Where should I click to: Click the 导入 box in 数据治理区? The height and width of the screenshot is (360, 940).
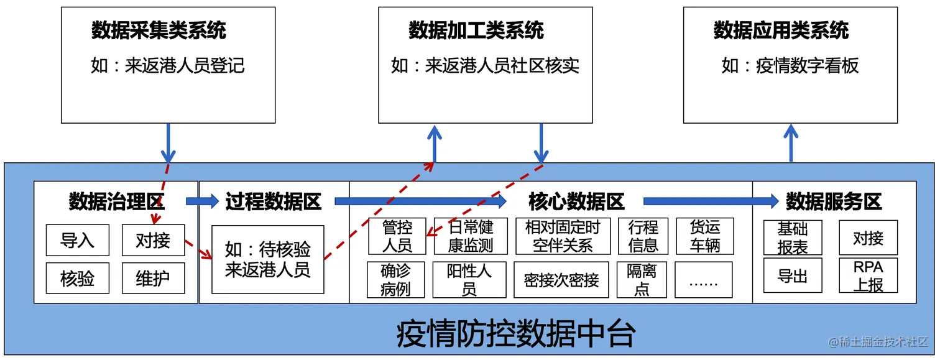(x=77, y=240)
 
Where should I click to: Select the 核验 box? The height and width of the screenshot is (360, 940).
(x=77, y=278)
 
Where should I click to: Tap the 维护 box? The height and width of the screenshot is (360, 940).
(x=153, y=278)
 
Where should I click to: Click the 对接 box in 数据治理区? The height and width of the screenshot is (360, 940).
(x=153, y=240)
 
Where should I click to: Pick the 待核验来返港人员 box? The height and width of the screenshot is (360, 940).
(x=267, y=259)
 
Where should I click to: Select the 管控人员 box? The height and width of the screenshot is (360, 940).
(x=397, y=236)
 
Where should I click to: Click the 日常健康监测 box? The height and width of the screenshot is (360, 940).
(x=471, y=236)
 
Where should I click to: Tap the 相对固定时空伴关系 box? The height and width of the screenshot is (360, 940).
(x=563, y=236)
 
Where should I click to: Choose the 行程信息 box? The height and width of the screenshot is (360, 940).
(x=643, y=236)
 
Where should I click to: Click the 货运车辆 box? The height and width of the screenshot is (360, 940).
(x=704, y=236)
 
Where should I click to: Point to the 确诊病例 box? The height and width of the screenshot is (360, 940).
(x=395, y=280)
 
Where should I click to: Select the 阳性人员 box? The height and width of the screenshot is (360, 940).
(x=469, y=280)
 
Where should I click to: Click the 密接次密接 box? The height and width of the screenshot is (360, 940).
(x=561, y=280)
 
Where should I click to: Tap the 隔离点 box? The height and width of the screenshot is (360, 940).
(x=642, y=280)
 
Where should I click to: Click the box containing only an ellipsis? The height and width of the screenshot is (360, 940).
(x=704, y=280)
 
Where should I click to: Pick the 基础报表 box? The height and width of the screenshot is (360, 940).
(x=793, y=238)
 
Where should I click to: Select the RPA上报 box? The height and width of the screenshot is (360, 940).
(x=868, y=275)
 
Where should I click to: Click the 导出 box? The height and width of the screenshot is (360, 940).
(x=793, y=275)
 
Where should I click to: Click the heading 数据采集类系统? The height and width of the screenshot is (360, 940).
(x=159, y=30)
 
